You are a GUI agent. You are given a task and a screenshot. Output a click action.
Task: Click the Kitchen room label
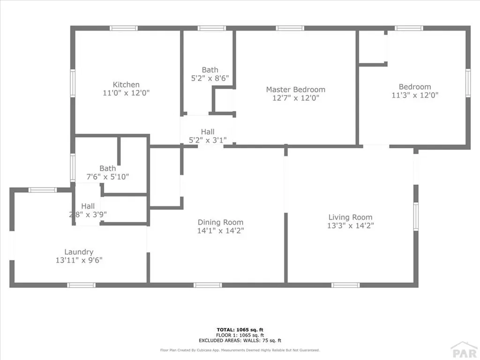click(126, 85)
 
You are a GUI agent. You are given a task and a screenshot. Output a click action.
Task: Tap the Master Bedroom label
click(295, 90)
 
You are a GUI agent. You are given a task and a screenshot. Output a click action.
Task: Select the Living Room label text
click(350, 217)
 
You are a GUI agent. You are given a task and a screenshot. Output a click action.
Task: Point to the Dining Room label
click(220, 222)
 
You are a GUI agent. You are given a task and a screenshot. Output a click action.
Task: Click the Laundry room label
click(79, 252)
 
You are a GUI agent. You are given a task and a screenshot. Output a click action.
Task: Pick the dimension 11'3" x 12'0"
click(415, 95)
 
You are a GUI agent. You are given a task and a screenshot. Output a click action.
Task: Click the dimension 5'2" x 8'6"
click(210, 78)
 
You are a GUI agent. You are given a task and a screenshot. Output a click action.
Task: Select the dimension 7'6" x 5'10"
click(107, 177)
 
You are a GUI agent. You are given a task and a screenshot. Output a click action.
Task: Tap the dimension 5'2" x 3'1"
click(208, 140)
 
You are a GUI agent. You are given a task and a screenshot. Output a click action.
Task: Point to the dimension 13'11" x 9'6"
click(79, 260)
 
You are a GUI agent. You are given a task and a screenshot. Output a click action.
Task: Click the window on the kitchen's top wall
click(124, 28)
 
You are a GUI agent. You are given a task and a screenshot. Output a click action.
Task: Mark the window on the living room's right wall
click(416, 216)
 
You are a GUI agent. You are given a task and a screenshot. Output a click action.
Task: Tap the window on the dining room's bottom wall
click(208, 285)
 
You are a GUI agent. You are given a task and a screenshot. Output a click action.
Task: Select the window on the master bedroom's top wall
click(290, 28)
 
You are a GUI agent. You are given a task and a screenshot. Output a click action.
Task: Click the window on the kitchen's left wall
click(73, 83)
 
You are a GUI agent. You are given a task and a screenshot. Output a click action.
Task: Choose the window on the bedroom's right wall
click(467, 83)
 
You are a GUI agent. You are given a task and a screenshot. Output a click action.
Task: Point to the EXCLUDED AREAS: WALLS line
click(240, 341)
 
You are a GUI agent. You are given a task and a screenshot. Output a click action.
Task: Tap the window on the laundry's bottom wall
click(81, 285)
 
